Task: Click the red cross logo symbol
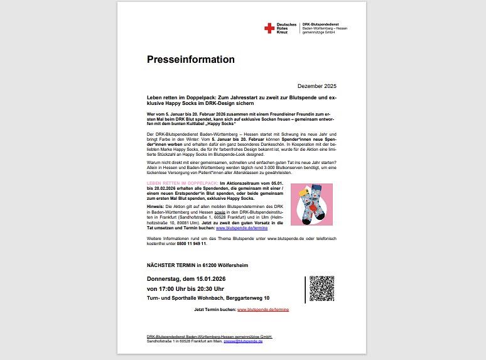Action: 269,28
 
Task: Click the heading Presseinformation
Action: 190,60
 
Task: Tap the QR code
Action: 321,288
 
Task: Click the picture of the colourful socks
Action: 311,204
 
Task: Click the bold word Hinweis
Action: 156,205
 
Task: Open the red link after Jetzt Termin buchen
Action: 263,310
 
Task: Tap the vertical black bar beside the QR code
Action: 305,288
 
